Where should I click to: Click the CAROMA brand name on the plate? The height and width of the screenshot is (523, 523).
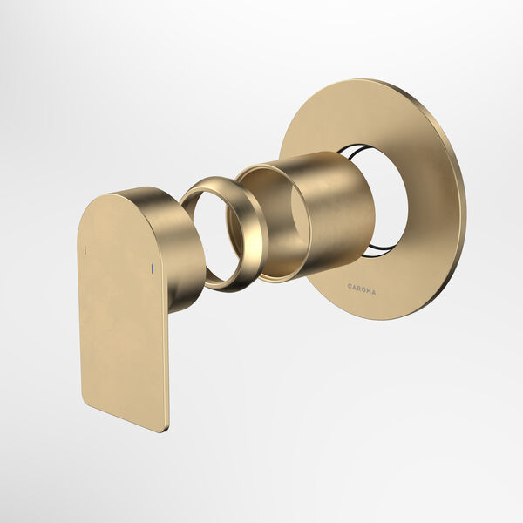[362, 288]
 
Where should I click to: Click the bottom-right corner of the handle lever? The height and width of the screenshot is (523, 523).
[163, 428]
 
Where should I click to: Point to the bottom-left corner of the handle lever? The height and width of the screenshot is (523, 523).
[85, 402]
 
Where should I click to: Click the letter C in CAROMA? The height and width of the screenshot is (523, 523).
[349, 286]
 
